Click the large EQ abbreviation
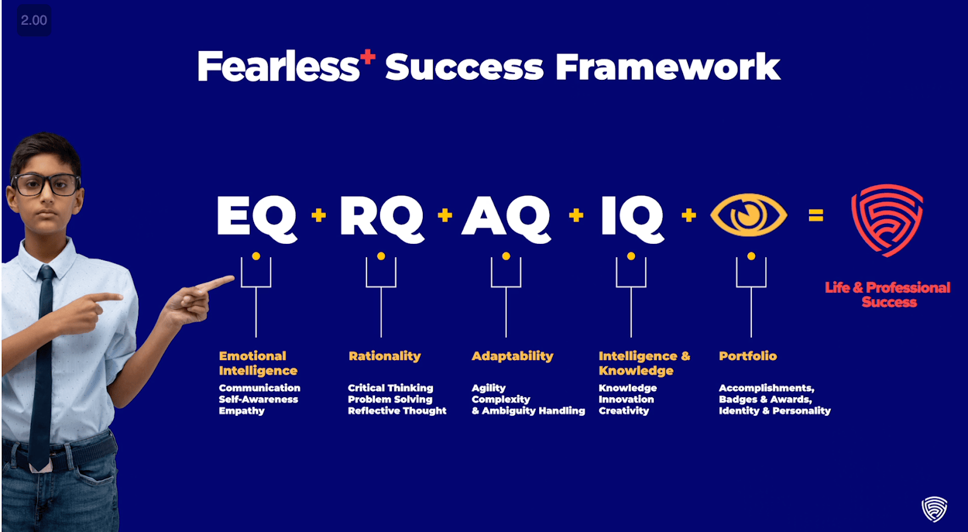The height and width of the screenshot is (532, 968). pos(257,218)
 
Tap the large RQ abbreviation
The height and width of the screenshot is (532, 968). pos(382,218)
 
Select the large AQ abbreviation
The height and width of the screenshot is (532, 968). pos(506,218)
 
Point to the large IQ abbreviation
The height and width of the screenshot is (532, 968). pos(632,218)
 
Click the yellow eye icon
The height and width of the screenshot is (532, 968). pos(748,215)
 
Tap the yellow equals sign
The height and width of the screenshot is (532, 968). pos(816,215)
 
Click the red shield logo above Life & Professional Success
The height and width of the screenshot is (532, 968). pos(887,220)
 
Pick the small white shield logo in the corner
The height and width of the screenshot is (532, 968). pos(934,509)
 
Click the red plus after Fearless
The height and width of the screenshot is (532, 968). pos(368,57)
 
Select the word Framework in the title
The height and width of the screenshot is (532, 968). pos(668,67)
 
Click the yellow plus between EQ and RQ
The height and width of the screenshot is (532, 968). pos(319,215)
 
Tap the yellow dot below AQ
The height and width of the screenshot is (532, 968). pos(506,256)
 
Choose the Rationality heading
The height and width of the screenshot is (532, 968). pos(385,356)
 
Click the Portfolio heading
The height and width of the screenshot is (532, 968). pos(748,356)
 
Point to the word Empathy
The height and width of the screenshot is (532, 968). pos(241,411)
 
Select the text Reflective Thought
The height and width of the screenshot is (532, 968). pos(397,411)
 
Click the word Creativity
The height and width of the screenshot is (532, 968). pos(624,411)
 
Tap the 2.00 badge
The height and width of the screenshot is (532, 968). pos(34,21)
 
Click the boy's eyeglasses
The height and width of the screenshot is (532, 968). pos(46,185)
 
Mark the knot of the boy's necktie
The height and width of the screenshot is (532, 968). pos(46,273)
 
